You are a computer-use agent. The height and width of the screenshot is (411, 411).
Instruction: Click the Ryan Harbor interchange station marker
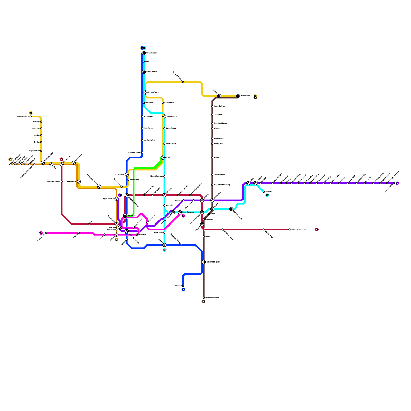click(144, 53)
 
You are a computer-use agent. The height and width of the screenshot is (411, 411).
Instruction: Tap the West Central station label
click(152, 72)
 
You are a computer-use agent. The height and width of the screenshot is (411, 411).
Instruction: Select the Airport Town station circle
click(146, 92)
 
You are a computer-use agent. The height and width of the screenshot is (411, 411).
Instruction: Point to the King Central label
click(172, 117)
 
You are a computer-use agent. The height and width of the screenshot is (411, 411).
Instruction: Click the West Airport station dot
click(164, 144)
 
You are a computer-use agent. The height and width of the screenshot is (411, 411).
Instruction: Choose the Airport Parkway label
click(156, 176)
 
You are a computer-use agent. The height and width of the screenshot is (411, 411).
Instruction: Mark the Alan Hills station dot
click(164, 206)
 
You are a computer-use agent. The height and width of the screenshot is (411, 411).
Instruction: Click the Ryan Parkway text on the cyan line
click(188, 212)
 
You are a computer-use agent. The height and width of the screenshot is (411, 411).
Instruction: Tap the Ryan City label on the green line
click(132, 216)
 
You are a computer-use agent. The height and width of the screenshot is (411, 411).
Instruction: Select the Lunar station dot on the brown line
click(204, 236)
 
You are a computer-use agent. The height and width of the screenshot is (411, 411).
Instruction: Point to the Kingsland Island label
click(220, 123)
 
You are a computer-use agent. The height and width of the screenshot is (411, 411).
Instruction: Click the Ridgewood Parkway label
click(222, 185)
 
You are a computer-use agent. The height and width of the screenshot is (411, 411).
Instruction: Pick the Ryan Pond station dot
click(164, 233)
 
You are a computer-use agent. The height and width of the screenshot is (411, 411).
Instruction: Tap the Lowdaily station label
click(269, 192)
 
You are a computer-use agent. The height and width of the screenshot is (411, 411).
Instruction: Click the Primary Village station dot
click(142, 153)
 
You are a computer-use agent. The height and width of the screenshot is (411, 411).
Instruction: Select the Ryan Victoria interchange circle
click(116, 199)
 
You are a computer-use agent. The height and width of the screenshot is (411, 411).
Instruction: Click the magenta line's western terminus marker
click(41, 233)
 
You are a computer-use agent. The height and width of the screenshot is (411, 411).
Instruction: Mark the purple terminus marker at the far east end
click(397, 183)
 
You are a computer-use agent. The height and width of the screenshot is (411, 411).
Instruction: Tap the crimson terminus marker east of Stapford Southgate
click(317, 229)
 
